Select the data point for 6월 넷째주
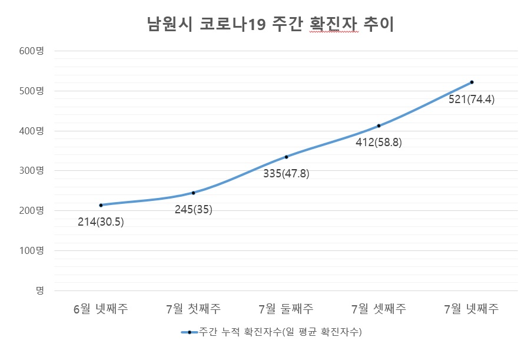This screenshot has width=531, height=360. point(101,205)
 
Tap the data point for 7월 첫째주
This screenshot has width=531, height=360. point(193,193)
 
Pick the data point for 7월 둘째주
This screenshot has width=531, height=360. point(286,157)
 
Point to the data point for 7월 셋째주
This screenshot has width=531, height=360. point(379,125)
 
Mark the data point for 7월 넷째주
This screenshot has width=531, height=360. point(472,82)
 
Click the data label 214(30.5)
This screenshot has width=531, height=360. point(101,222)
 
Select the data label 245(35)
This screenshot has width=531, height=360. point(193,209)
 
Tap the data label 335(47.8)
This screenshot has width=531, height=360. point(286,173)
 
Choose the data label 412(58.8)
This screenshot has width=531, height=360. point(379,142)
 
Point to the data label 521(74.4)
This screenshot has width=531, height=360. point(472,99)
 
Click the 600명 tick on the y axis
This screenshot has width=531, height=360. point(32,51)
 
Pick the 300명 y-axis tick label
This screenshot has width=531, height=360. point(32,171)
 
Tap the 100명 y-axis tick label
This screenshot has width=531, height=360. point(32,250)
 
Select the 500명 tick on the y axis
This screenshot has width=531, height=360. point(32,91)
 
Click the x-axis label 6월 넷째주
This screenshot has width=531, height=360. point(101,309)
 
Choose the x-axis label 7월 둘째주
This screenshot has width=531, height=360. point(286,309)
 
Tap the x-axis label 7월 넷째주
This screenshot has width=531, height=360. point(472,309)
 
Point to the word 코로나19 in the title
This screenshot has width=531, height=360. point(233,25)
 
